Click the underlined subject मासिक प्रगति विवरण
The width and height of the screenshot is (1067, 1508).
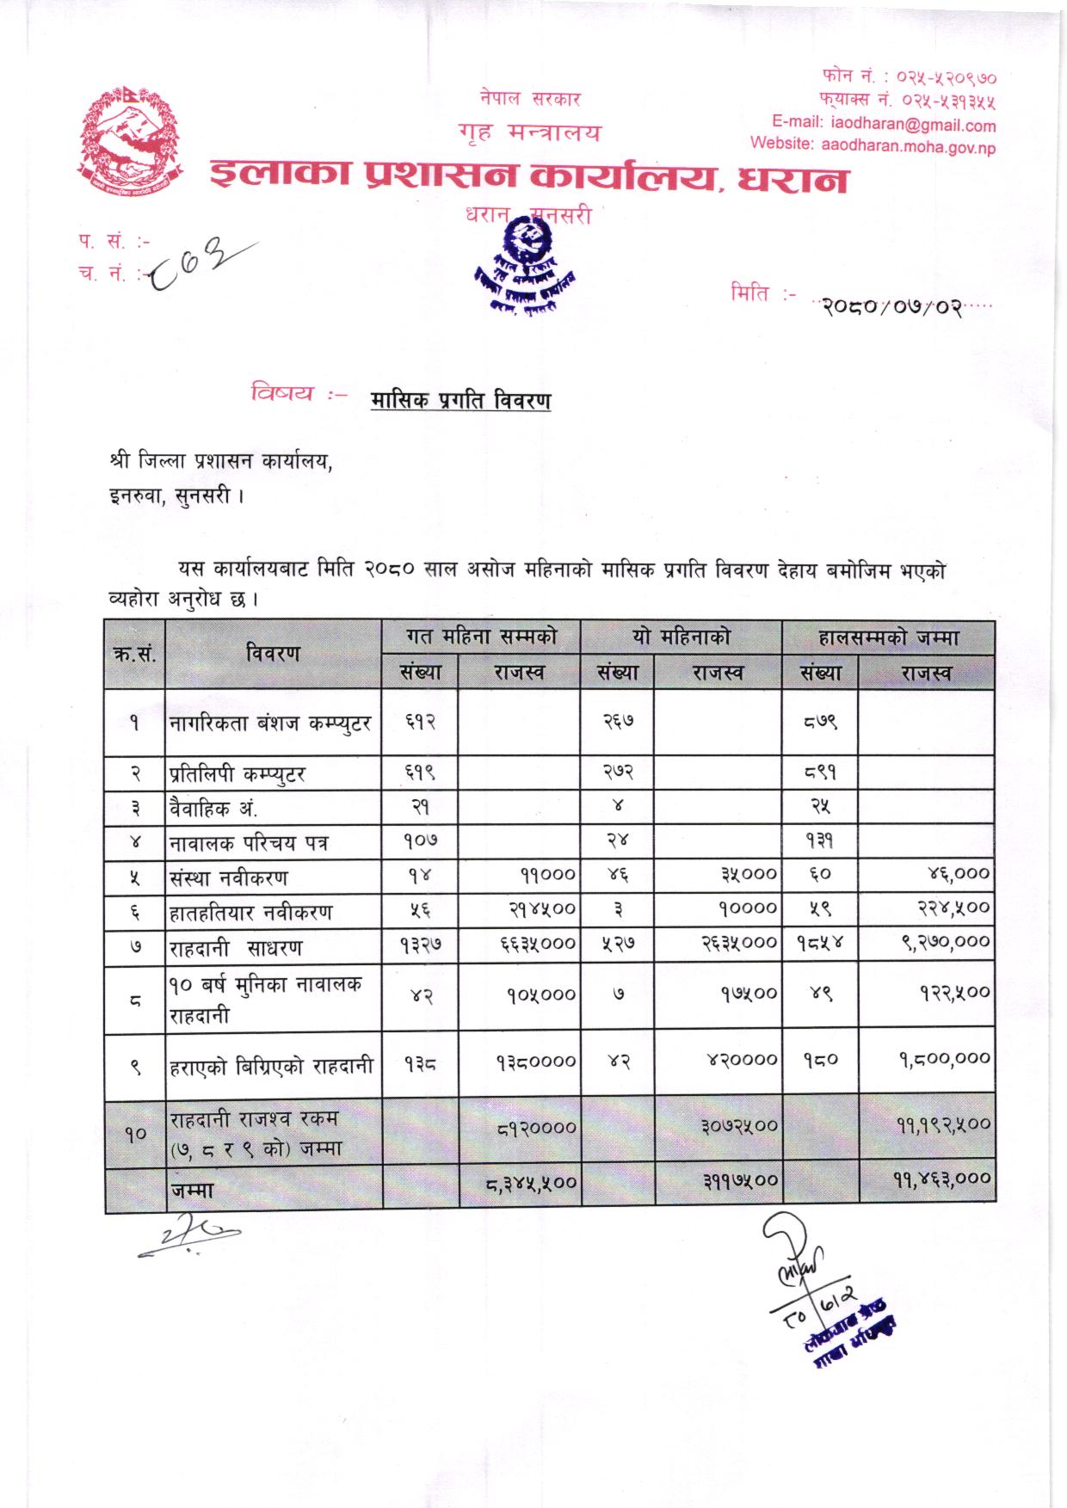click(x=461, y=401)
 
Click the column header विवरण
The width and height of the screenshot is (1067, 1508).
click(x=273, y=654)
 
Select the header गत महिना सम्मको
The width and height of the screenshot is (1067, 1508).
click(x=481, y=637)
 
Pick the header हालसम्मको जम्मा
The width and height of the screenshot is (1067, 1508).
click(x=888, y=638)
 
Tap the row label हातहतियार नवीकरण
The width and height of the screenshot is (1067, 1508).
click(x=251, y=913)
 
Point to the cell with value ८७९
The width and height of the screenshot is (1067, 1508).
click(x=819, y=723)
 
